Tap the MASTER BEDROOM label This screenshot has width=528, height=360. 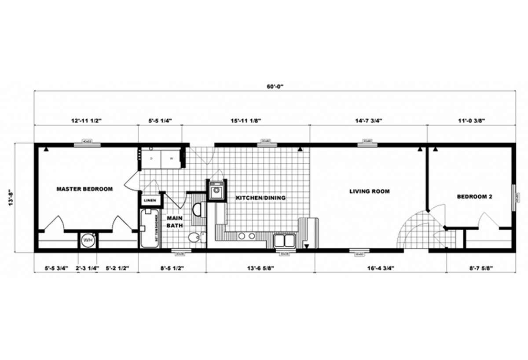[84, 189]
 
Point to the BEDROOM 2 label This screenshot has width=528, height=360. [474, 197]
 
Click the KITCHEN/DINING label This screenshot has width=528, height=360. [260, 198]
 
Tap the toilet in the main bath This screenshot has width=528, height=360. [194, 238]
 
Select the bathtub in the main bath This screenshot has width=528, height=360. [150, 228]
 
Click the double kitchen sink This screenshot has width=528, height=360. [284, 241]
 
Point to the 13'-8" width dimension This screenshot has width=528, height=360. [9, 197]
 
